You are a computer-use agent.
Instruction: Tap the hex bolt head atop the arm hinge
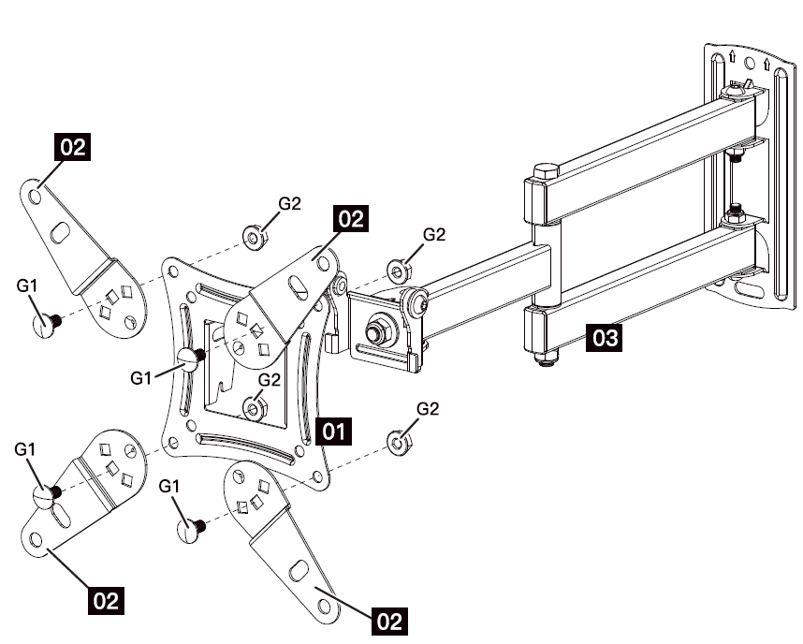(x=545, y=174)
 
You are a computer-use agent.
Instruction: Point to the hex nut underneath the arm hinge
(x=543, y=358)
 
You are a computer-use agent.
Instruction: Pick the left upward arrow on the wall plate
(x=732, y=60)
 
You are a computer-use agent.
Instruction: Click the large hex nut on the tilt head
(x=378, y=331)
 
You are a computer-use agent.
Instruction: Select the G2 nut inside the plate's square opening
(x=253, y=408)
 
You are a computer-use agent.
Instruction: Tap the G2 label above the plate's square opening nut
(x=270, y=380)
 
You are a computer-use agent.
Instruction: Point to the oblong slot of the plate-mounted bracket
(x=299, y=282)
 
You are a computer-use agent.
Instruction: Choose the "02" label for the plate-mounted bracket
(x=350, y=218)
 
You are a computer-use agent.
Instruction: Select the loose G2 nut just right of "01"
(x=398, y=440)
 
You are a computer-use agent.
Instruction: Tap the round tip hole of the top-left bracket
(x=36, y=198)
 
